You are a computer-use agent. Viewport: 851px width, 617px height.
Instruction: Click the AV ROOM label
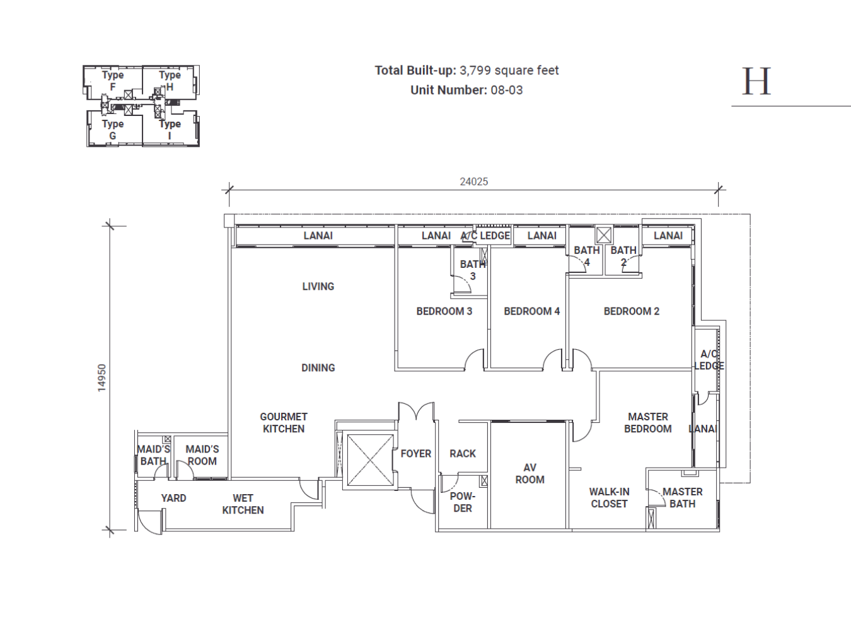tap(530, 473)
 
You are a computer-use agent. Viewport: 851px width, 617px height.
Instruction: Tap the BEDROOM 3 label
tap(444, 311)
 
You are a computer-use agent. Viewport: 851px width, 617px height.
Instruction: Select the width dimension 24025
tap(474, 182)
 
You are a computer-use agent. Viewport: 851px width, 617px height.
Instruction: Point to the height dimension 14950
tap(102, 378)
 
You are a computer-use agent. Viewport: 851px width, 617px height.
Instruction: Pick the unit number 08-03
tap(507, 90)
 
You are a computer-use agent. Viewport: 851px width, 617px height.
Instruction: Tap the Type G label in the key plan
tap(113, 130)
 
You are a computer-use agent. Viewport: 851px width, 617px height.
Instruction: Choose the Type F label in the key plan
tap(113, 81)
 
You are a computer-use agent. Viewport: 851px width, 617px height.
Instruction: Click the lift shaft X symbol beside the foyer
tap(371, 460)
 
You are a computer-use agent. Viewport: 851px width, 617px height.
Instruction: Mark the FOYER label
tap(415, 453)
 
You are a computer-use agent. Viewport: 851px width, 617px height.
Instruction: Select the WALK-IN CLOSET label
tap(609, 498)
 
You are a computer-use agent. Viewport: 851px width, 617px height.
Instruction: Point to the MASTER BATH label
tap(682, 498)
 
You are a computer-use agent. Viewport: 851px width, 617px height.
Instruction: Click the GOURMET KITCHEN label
tap(284, 422)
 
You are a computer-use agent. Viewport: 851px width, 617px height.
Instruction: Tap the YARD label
tap(173, 498)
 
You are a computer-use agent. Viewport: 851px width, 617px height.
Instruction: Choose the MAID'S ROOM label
tap(202, 455)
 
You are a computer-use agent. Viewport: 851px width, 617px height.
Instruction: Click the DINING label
tap(318, 367)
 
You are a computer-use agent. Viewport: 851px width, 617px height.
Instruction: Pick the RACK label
tap(462, 453)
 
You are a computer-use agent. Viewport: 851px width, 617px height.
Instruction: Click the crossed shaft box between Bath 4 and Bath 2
tap(603, 236)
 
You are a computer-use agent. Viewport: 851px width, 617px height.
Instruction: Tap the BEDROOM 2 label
tap(632, 311)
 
